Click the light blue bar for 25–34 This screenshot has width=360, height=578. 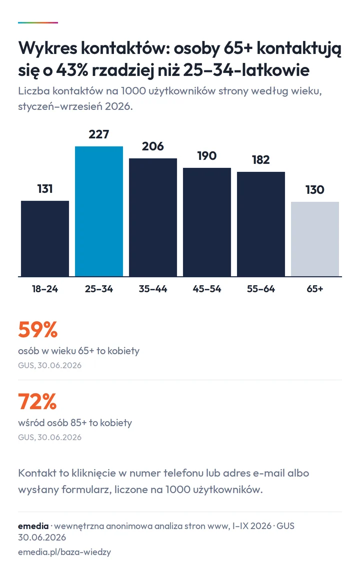[99, 211]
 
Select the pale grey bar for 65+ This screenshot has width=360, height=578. [315, 239]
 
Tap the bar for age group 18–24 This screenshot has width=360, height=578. [45, 238]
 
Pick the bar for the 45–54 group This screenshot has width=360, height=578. [207, 222]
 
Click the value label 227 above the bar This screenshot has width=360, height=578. [99, 134]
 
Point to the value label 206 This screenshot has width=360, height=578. [152, 146]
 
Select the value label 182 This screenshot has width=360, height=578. [261, 160]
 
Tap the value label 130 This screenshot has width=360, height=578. [314, 190]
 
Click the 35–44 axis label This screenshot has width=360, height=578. [152, 289]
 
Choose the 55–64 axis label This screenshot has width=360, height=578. [261, 289]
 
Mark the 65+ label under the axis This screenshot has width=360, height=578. [314, 289]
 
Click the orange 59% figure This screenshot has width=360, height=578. [38, 330]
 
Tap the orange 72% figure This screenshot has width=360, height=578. [37, 402]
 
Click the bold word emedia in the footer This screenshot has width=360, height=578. [33, 526]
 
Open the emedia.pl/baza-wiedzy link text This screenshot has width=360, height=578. [64, 552]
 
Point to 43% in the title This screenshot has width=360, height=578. [72, 70]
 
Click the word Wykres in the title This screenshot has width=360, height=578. [48, 48]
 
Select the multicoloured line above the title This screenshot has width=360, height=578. [38, 22]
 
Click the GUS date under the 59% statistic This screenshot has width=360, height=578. [50, 365]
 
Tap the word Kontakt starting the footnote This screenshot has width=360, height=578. [38, 473]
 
